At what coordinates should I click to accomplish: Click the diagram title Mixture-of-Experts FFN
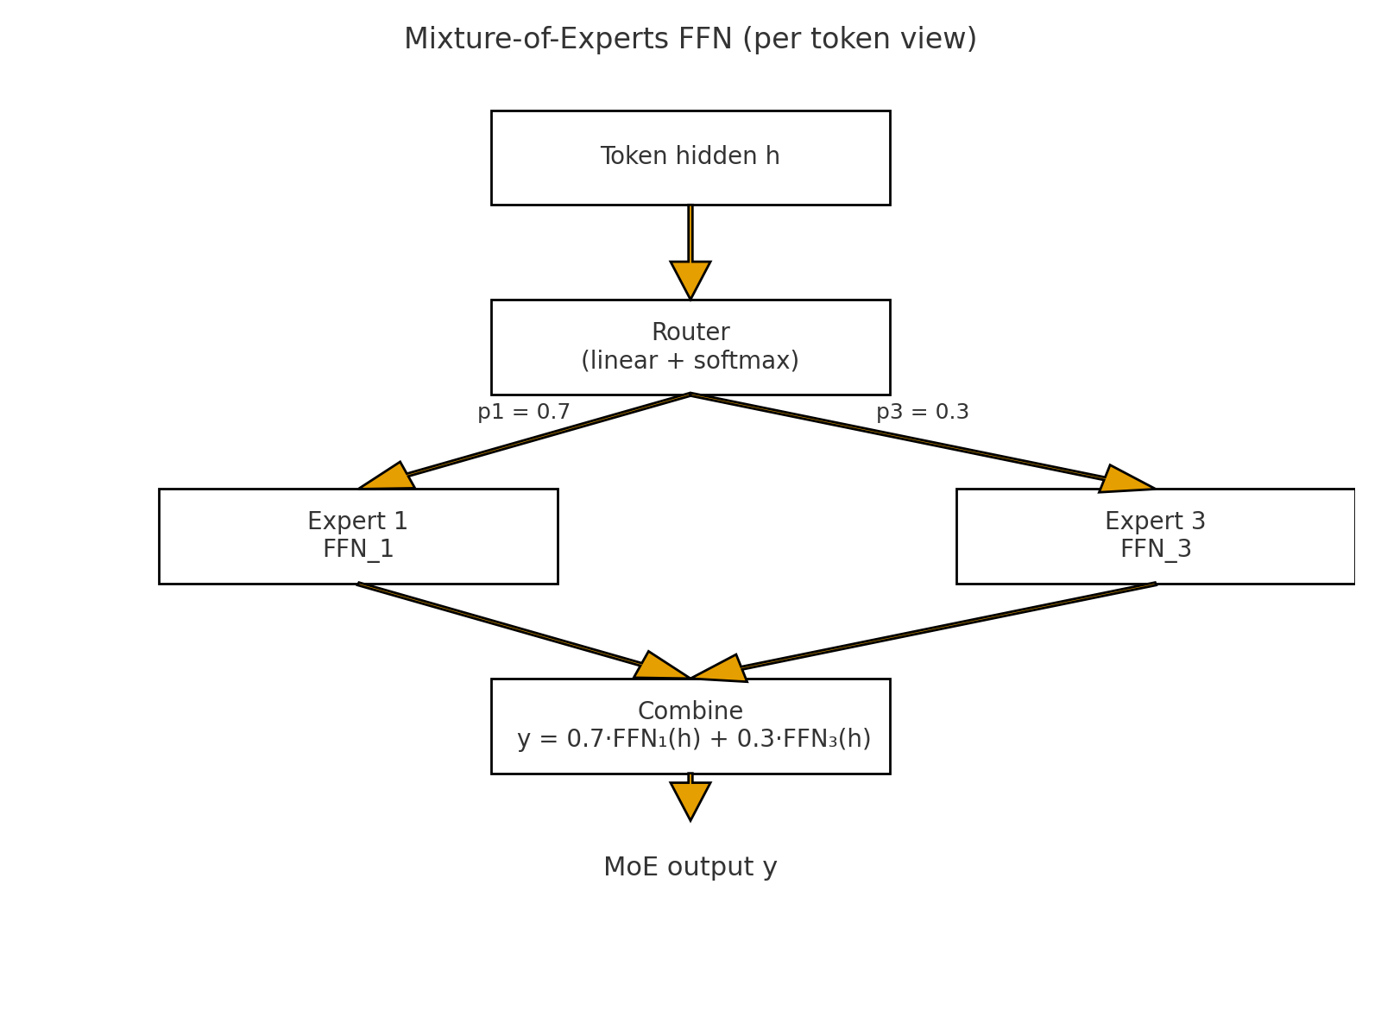pos(690,40)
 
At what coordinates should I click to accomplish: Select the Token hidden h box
pos(690,157)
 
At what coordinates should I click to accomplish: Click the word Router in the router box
pos(690,332)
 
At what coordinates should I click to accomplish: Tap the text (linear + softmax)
pos(690,361)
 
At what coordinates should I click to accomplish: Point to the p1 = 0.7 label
pos(524,413)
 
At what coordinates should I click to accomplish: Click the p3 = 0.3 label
pos(922,413)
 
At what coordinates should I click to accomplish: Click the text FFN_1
pos(357,550)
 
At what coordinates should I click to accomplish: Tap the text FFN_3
pos(1155,550)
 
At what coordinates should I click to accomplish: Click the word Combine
pos(690,711)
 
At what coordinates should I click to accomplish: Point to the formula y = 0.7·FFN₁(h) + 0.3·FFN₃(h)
pos(693,740)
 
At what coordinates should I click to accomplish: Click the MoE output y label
pos(690,868)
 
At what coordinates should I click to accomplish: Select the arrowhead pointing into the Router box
pos(690,278)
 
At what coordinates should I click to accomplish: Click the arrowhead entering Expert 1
pos(390,478)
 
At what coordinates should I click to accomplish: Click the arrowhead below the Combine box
pos(690,798)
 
